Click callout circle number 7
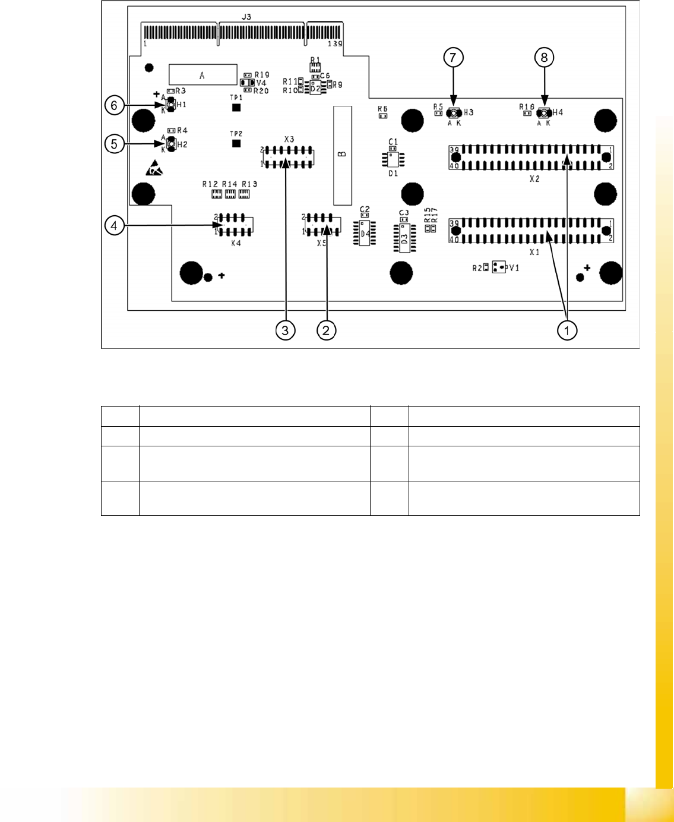(x=453, y=58)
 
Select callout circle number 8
(x=544, y=58)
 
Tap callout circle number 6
(x=114, y=106)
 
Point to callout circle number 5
(x=114, y=143)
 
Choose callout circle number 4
(x=114, y=225)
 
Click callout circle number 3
(x=286, y=330)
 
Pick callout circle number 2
(x=326, y=330)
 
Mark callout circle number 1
(x=567, y=330)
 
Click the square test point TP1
(x=236, y=108)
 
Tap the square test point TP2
(x=236, y=143)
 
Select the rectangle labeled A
(x=202, y=75)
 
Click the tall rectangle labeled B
(x=342, y=155)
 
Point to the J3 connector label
(x=246, y=18)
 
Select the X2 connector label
(x=534, y=178)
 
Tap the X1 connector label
(x=534, y=252)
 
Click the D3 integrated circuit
(x=404, y=239)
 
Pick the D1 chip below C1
(x=393, y=159)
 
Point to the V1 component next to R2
(x=499, y=268)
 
